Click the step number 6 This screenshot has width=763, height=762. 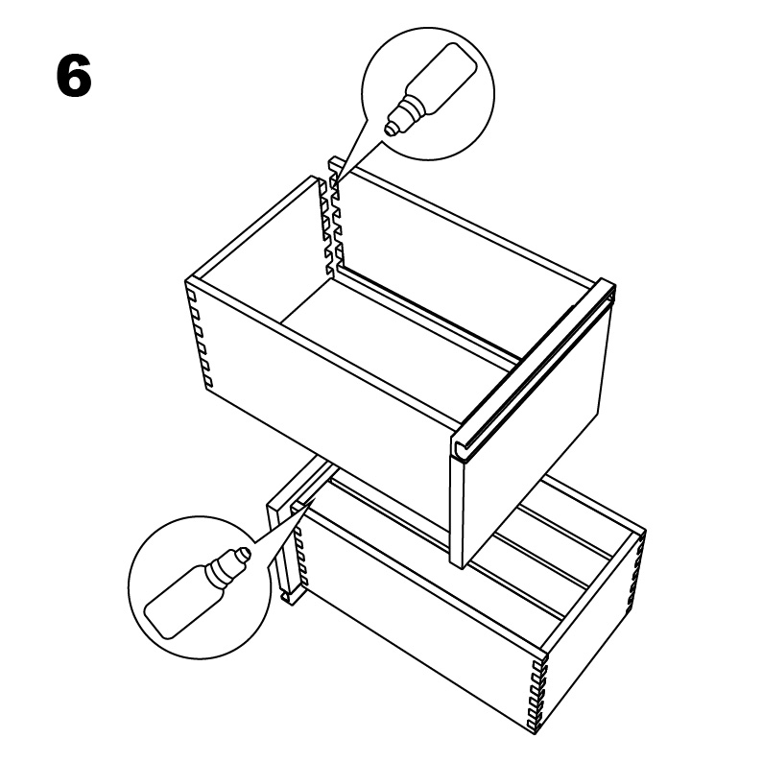[74, 76]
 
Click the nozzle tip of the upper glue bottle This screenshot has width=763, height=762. [389, 130]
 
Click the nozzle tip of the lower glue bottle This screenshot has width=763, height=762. [247, 552]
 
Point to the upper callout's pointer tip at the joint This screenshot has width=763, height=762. [335, 181]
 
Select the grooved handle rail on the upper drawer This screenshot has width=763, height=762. [534, 369]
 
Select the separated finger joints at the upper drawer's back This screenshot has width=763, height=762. [331, 219]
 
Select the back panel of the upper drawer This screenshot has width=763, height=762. [463, 238]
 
